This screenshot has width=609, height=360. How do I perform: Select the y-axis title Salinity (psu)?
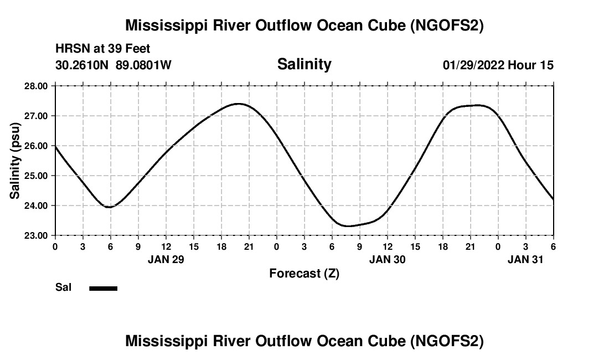(x=15, y=161)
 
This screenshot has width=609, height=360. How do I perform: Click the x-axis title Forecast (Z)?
(x=304, y=273)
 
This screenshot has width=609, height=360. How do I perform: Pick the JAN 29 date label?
(x=166, y=259)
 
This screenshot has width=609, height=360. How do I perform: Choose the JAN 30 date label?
(x=387, y=259)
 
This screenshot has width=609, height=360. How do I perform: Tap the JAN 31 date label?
(x=525, y=259)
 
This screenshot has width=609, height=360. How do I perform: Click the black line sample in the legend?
(x=104, y=288)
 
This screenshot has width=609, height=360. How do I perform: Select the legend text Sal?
(x=63, y=287)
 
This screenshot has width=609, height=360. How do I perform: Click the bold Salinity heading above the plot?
(x=304, y=64)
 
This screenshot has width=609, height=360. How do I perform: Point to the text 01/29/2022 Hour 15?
(x=498, y=65)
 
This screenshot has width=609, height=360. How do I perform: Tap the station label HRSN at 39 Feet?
(x=103, y=49)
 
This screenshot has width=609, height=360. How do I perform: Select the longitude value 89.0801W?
(x=143, y=65)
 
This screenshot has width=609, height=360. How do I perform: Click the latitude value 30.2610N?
(x=83, y=65)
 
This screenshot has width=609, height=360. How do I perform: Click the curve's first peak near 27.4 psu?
(x=239, y=104)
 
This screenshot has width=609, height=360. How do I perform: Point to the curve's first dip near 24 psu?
(x=109, y=207)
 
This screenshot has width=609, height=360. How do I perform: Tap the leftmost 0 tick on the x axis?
(x=55, y=246)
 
